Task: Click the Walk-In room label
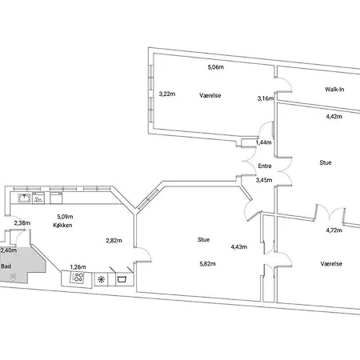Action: click(x=334, y=90)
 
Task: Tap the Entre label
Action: click(x=265, y=166)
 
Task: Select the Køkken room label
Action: click(x=62, y=225)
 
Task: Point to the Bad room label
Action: click(x=6, y=266)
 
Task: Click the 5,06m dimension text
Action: click(x=216, y=67)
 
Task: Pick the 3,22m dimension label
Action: click(x=167, y=94)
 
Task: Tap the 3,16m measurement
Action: click(x=266, y=98)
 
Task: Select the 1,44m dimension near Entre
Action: click(x=263, y=142)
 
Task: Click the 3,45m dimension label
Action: click(x=264, y=180)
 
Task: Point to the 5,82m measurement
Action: click(x=207, y=264)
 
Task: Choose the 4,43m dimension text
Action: click(x=239, y=247)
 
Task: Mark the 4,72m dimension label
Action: click(x=334, y=230)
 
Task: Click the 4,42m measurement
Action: click(x=334, y=117)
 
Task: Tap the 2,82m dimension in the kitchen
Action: click(x=114, y=241)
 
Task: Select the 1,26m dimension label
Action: click(x=78, y=267)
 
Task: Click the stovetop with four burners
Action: click(x=77, y=278)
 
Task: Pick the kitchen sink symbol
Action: click(x=25, y=198)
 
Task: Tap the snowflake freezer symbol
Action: click(x=101, y=279)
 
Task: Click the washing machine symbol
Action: click(x=122, y=279)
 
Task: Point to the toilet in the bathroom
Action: click(x=12, y=277)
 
